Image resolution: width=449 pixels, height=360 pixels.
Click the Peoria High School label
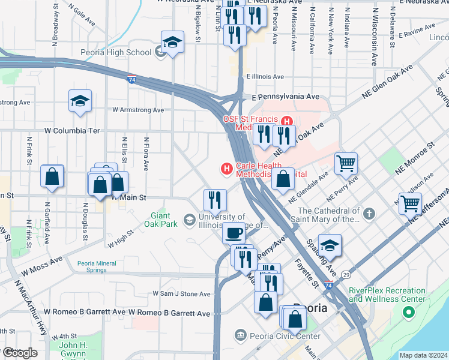(x=116, y=52)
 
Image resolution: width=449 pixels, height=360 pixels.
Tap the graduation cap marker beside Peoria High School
(x=172, y=43)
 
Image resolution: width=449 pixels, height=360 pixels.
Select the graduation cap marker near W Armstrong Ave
(x=80, y=101)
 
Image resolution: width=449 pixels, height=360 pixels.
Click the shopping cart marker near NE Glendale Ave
(x=346, y=163)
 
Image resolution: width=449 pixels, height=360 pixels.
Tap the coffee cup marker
(x=234, y=232)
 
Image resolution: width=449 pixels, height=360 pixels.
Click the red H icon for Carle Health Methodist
(x=227, y=170)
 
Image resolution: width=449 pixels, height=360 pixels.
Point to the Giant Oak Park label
(x=164, y=220)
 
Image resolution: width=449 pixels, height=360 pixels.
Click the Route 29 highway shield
(x=346, y=274)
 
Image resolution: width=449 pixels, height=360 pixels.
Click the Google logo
(x=20, y=353)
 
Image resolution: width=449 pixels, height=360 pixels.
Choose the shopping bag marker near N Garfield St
(x=52, y=176)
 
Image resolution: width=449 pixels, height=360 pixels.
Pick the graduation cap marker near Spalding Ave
(x=330, y=245)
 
